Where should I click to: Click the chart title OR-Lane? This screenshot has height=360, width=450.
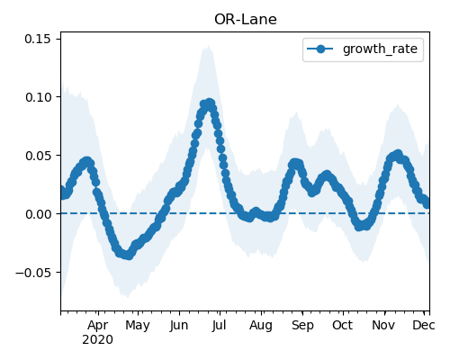click(246, 20)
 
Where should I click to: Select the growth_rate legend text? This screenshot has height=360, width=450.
click(380, 49)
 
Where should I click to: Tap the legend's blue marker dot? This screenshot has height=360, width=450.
click(320, 49)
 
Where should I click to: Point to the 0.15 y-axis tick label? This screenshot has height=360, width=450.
click(38, 39)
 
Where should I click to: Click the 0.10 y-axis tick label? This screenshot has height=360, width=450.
click(38, 97)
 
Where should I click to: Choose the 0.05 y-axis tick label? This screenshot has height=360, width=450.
click(38, 156)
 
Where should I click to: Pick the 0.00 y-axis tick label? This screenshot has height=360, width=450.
click(38, 214)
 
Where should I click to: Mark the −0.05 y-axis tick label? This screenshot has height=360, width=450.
click(33, 273)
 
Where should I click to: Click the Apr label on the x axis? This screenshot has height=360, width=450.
click(98, 325)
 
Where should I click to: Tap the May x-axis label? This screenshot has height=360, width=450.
click(138, 325)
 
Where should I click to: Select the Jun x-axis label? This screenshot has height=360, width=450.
click(179, 325)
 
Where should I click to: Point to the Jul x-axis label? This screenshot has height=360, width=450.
click(219, 325)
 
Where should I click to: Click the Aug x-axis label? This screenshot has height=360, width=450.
click(261, 325)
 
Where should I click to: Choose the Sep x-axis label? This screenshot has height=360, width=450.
click(302, 325)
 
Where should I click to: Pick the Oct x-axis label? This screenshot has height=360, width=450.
click(342, 325)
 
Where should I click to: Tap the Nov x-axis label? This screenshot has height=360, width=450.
click(383, 325)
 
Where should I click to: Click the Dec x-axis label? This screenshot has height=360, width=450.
click(424, 325)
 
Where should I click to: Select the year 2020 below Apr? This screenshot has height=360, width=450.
click(98, 340)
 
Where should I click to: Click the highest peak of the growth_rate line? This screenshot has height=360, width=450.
click(210, 103)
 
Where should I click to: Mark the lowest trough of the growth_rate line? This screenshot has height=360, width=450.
click(129, 256)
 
